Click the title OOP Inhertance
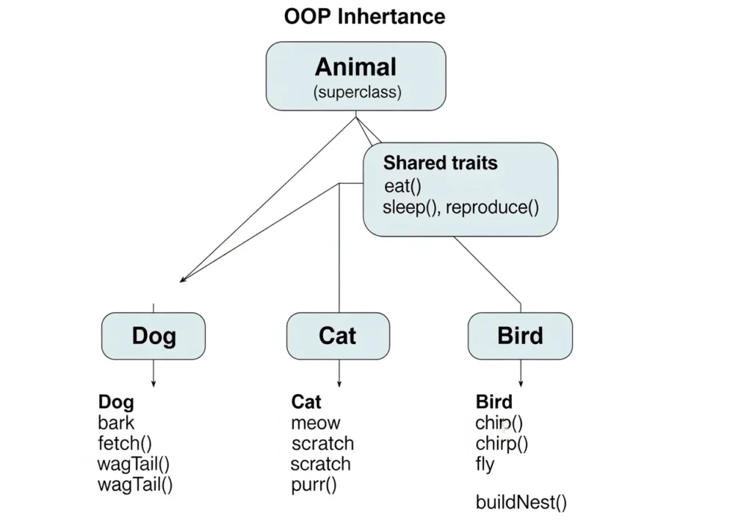[x=364, y=17]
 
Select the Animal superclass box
[x=355, y=76]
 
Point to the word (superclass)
[x=357, y=93]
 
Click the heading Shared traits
[x=440, y=163]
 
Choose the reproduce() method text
[x=492, y=207]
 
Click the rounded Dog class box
[x=153, y=336]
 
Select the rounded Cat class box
[x=338, y=336]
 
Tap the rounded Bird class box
[x=520, y=336]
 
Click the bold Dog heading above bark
[x=116, y=402]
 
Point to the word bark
[x=116, y=423]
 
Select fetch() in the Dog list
[x=124, y=443]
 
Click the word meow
[x=316, y=423]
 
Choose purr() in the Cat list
[x=314, y=485]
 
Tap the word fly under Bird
[x=485, y=465]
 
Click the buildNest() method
[x=521, y=503]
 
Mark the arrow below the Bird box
[x=521, y=373]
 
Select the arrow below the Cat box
[x=339, y=373]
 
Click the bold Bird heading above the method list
[x=494, y=402]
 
